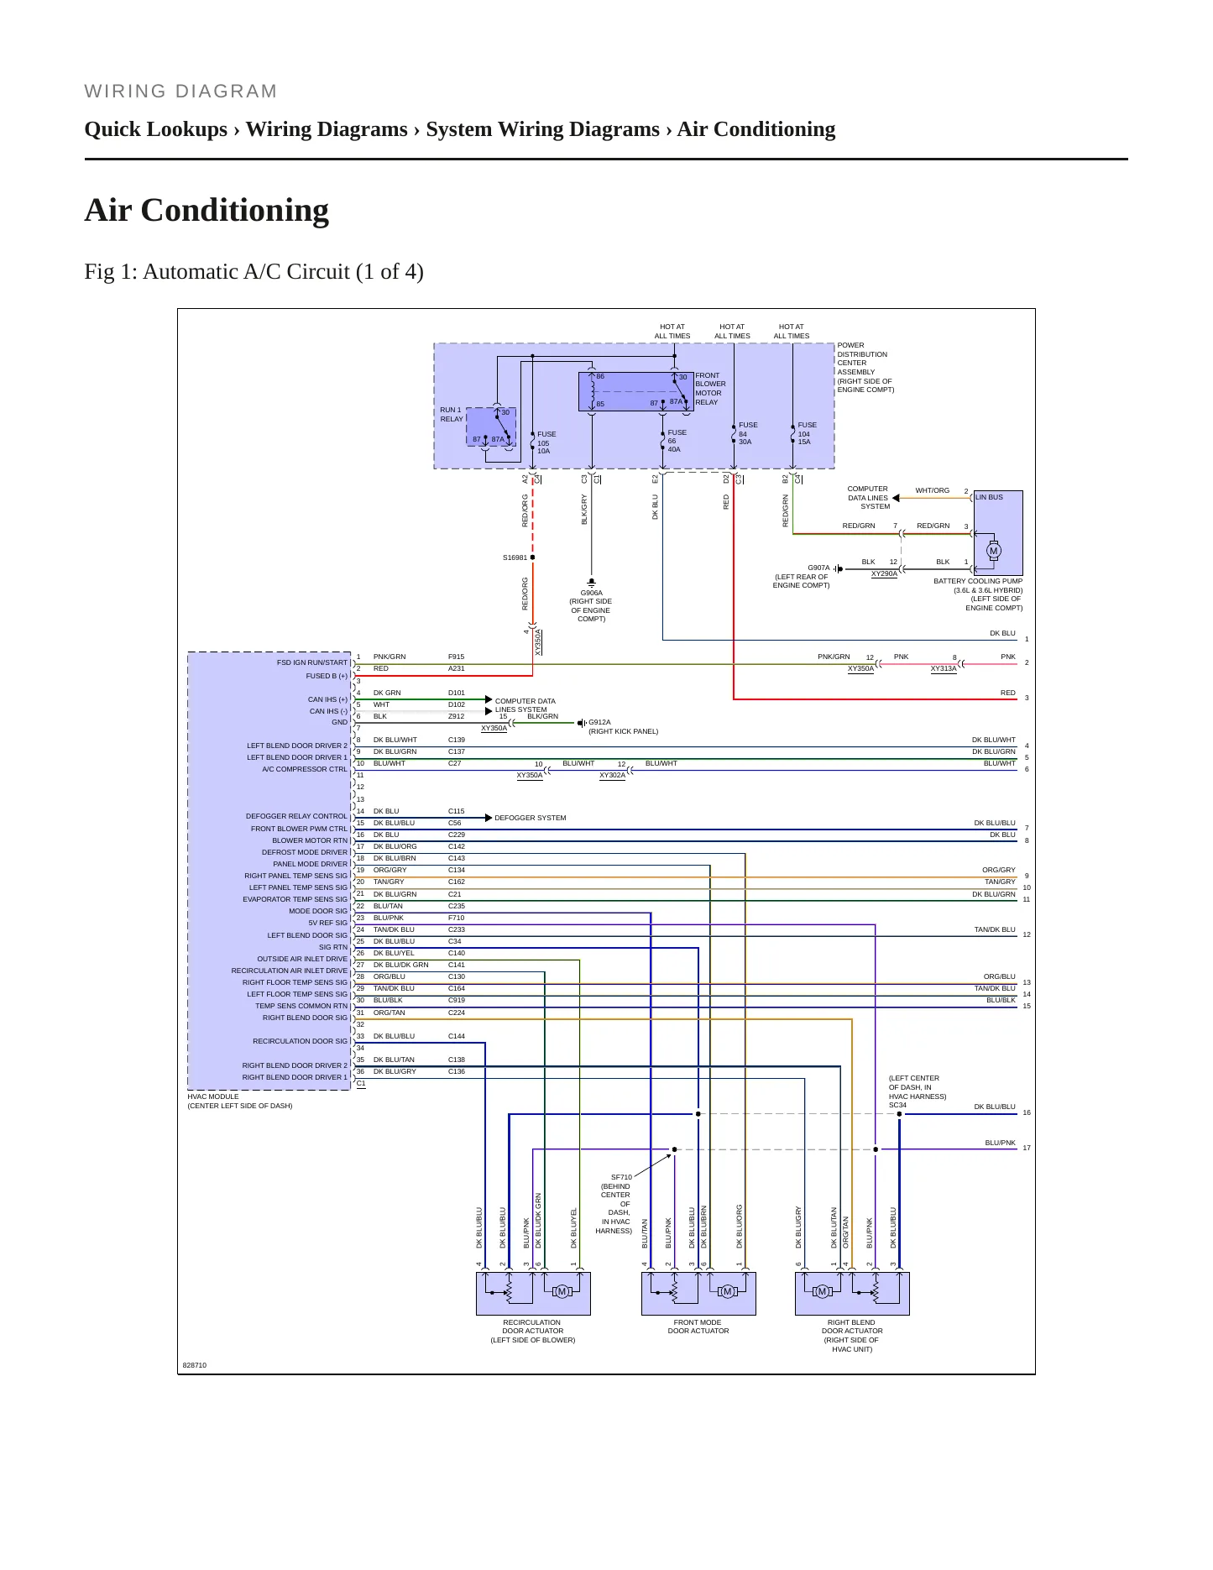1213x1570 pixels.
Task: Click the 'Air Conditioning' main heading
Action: [207, 210]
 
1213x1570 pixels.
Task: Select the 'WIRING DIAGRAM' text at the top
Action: [180, 92]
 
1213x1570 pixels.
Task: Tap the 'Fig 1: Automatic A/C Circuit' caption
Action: [254, 272]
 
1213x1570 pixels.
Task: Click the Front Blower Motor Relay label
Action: [710, 389]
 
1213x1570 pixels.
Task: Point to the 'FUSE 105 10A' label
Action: [546, 442]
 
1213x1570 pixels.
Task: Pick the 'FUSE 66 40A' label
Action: [677, 441]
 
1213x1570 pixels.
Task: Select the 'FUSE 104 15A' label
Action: [807, 433]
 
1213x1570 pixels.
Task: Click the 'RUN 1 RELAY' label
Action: [452, 415]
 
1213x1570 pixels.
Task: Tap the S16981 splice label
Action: [515, 557]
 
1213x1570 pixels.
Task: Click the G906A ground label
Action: [591, 593]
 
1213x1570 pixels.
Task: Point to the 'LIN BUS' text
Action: [989, 497]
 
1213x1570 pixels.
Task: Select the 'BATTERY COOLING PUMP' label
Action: [978, 581]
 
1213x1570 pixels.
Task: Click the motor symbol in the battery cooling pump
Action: [994, 552]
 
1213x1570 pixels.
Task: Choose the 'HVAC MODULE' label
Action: [213, 1096]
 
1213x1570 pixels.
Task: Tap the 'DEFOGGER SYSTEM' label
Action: [530, 818]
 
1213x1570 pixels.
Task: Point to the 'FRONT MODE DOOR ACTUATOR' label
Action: [698, 1327]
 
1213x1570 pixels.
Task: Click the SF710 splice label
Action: [621, 1177]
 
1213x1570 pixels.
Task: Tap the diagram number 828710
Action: [195, 1365]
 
